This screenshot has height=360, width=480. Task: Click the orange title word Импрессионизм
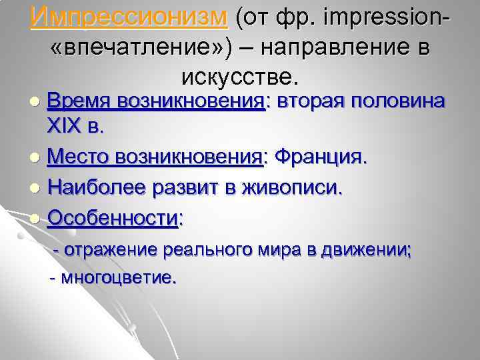tap(129, 17)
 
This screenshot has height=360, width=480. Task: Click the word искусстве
tap(237, 78)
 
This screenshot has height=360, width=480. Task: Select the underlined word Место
tap(79, 158)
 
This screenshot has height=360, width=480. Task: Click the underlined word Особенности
tap(114, 218)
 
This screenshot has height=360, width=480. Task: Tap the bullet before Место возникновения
tap(36, 159)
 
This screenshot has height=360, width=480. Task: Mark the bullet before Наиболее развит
tap(36, 190)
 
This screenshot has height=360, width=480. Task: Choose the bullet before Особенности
tap(36, 219)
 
